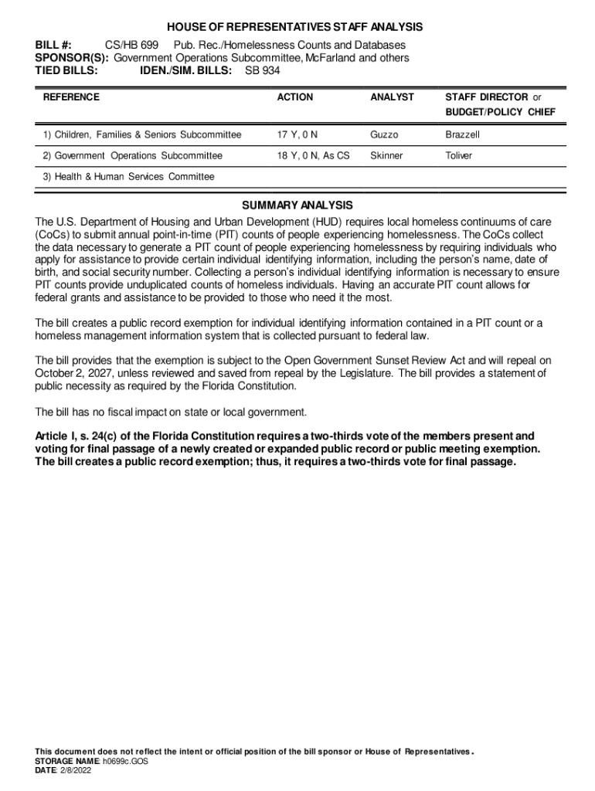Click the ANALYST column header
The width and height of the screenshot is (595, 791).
392,97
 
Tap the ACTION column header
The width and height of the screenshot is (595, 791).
295,97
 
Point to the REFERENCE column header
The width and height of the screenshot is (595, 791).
71,97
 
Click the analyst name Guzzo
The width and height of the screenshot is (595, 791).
384,135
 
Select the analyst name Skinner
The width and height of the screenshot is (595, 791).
386,156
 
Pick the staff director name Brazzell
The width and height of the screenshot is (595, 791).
462,135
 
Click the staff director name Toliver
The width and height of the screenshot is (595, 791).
458,156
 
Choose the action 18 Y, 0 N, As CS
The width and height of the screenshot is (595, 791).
313,156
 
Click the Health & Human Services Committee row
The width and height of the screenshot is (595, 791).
128,177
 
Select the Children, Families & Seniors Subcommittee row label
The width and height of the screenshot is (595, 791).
142,135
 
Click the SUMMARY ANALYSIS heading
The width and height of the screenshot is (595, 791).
297,205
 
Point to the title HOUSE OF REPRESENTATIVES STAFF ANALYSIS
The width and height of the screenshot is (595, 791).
297,27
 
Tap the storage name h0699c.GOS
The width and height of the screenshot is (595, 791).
125,761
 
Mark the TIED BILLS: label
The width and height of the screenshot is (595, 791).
66,70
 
